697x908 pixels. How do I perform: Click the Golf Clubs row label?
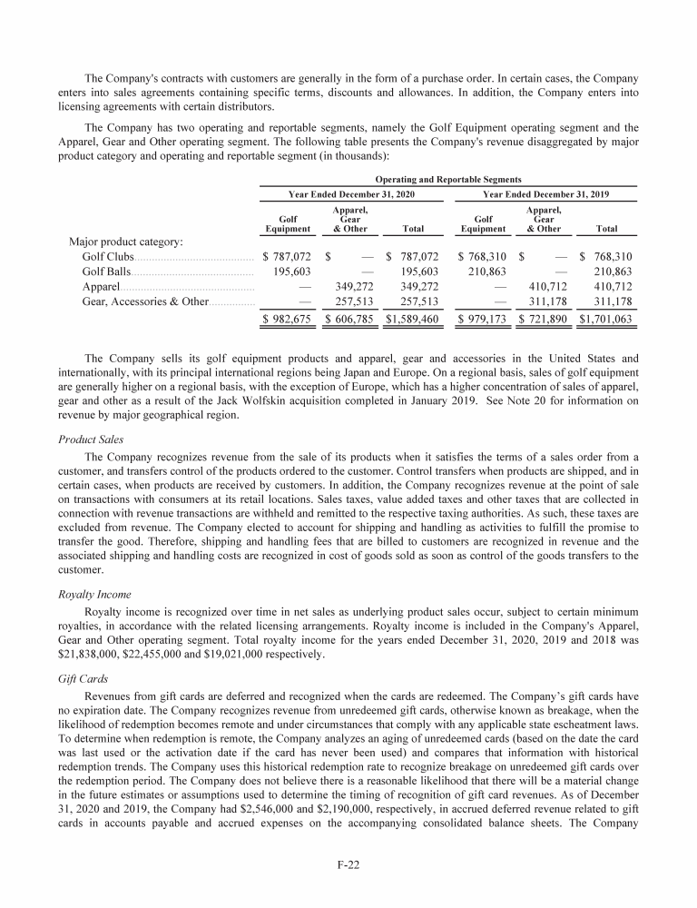[108, 257]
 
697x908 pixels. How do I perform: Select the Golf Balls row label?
[106, 271]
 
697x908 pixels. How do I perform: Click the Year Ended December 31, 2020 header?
[350, 194]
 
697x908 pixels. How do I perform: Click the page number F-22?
[348, 864]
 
